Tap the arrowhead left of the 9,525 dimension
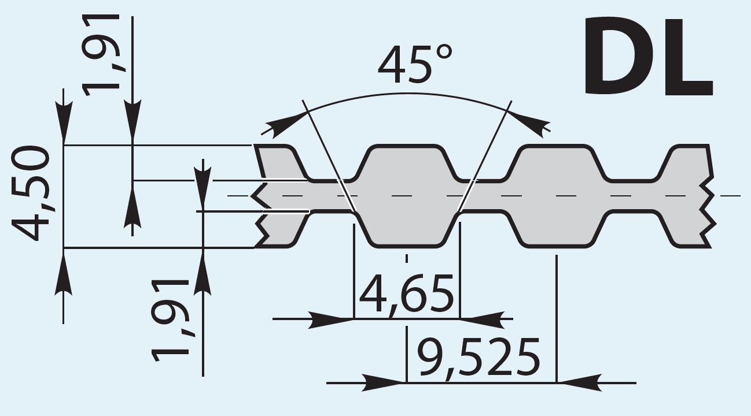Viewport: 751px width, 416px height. pos(385,382)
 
